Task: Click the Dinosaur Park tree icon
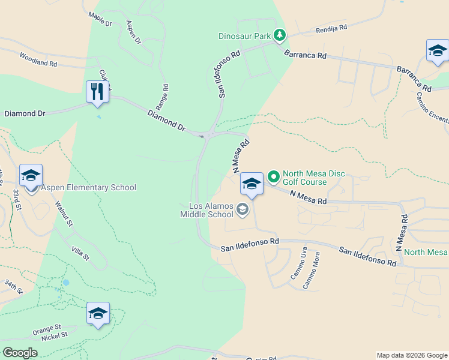pyautogui.click(x=279, y=36)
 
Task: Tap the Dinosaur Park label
pyautogui.click(x=244, y=36)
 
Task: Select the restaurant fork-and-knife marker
pyautogui.click(x=97, y=92)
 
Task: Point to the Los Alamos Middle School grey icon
pyautogui.click(x=243, y=209)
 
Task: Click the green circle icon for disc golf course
pyautogui.click(x=274, y=176)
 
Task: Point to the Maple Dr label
pyautogui.click(x=100, y=19)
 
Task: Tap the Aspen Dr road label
pyautogui.click(x=133, y=32)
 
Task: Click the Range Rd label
pyautogui.click(x=164, y=95)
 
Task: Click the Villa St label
pyautogui.click(x=80, y=254)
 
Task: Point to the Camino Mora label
pyautogui.click(x=312, y=274)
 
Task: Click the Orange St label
pyautogui.click(x=47, y=329)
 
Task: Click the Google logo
pyautogui.click(x=20, y=353)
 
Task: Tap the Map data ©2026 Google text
pyautogui.click(x=412, y=355)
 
